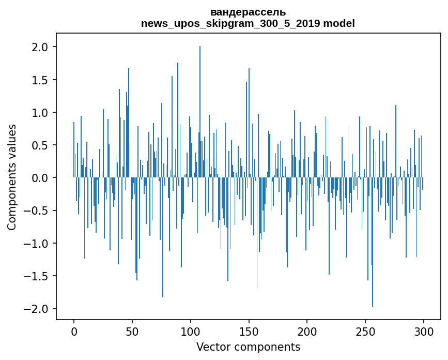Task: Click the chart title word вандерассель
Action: (x=248, y=12)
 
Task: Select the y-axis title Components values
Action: (x=12, y=177)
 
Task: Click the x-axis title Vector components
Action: (x=248, y=347)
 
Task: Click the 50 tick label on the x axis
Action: (x=132, y=331)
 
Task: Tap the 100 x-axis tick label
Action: (x=191, y=331)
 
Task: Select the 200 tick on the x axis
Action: (x=307, y=331)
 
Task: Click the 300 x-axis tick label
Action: (x=423, y=331)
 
